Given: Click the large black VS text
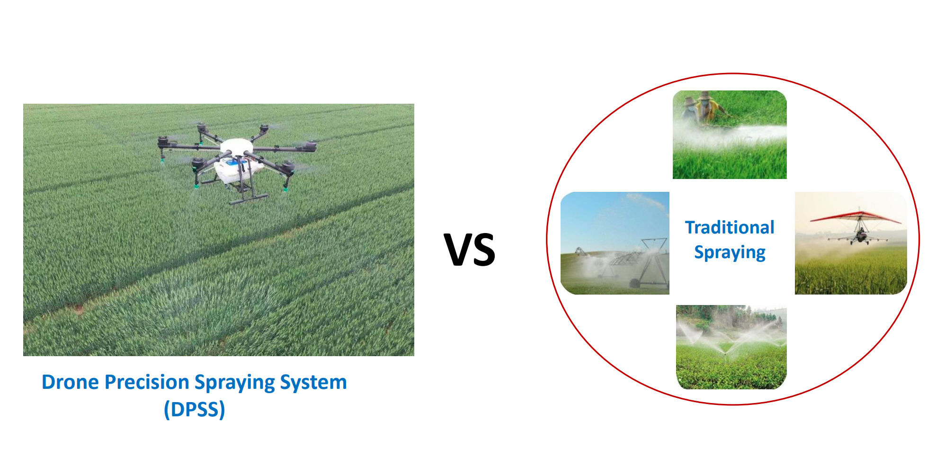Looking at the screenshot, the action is point(470,249).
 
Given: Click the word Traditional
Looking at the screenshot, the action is point(730,227).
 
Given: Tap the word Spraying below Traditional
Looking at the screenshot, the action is point(730,252).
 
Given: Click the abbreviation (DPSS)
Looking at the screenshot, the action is point(194,409).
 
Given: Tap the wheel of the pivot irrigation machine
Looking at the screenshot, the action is point(634,284).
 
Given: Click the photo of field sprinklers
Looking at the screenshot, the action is point(731,347).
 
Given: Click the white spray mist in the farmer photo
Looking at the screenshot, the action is point(731,135).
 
